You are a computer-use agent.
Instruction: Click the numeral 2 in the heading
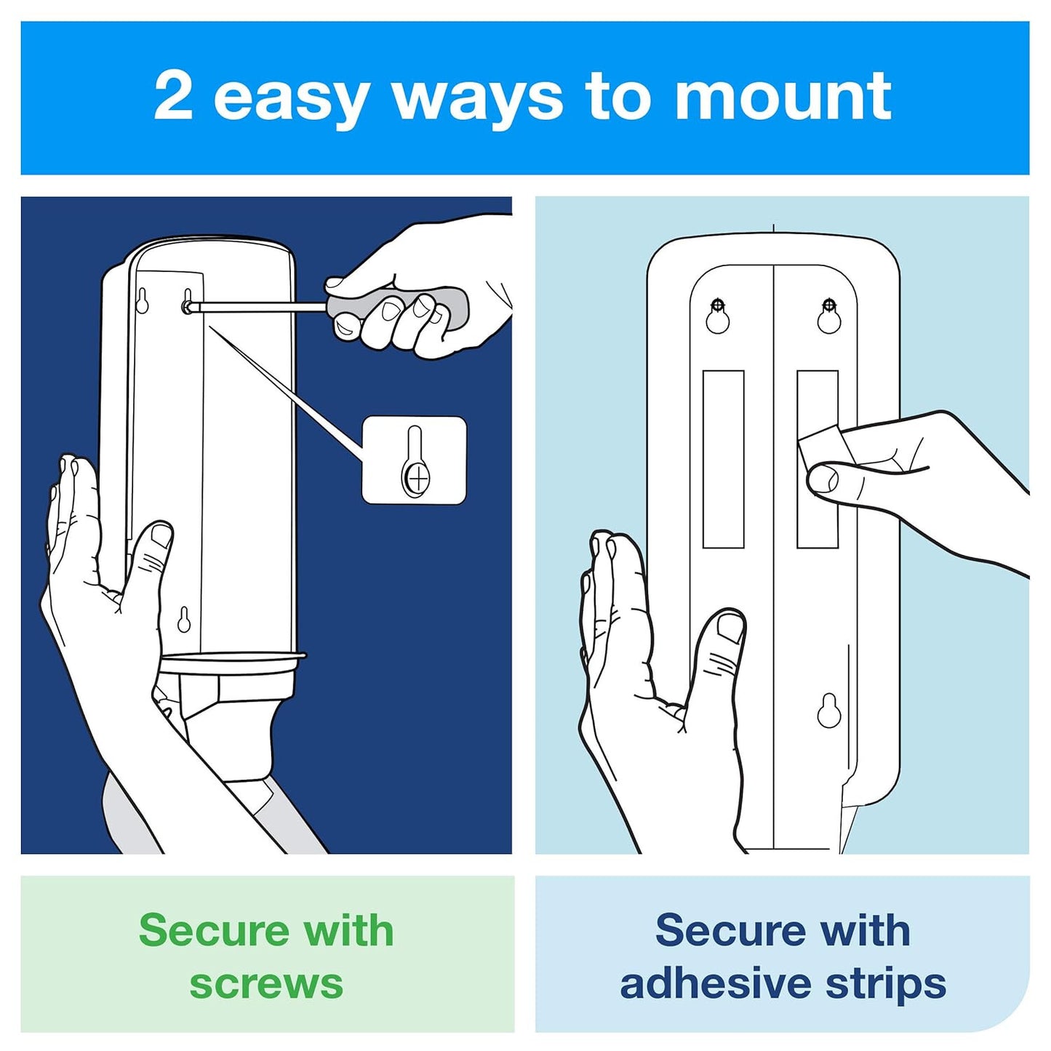pyautogui.click(x=174, y=97)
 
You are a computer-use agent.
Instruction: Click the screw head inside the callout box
pyautogui.click(x=418, y=479)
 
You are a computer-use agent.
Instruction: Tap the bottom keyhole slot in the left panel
pyautogui.click(x=184, y=620)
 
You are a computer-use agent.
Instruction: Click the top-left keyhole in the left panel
pyautogui.click(x=143, y=300)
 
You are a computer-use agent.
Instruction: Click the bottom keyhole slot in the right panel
pyautogui.click(x=828, y=711)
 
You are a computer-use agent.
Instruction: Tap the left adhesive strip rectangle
pyautogui.click(x=723, y=459)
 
